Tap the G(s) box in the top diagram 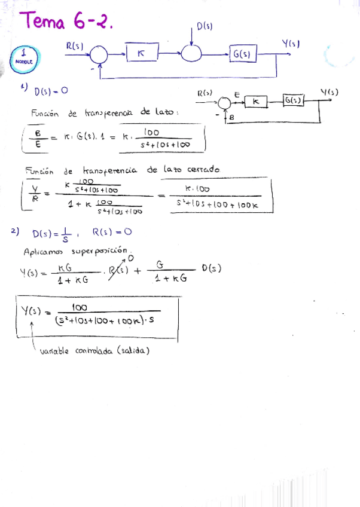[x=242, y=55]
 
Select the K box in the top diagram [x=141, y=54]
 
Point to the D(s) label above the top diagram [x=205, y=26]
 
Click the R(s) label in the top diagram [x=75, y=45]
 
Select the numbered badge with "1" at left [x=22, y=56]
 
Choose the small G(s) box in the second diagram [x=293, y=100]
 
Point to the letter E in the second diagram [x=237, y=94]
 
